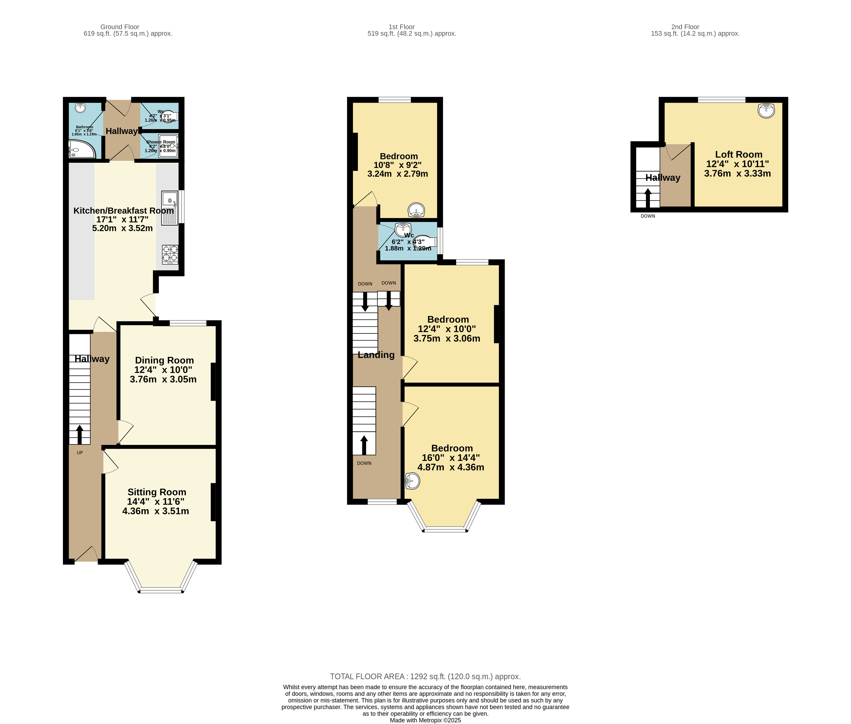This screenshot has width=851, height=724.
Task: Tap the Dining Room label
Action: pos(164,360)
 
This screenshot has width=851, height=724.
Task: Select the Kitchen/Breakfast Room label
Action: pos(123,211)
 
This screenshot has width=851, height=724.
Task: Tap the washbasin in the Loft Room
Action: pos(766,110)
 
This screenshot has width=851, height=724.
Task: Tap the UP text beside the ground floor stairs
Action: pos(80,453)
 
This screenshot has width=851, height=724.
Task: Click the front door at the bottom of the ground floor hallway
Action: pos(86,555)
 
